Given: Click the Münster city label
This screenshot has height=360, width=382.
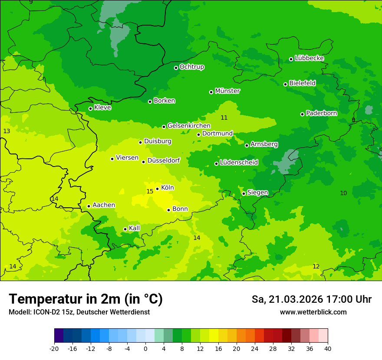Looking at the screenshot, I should pos(227,91).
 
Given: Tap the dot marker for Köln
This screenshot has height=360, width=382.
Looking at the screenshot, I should pos(157,189).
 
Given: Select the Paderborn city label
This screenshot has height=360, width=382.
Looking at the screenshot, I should pos(322,113).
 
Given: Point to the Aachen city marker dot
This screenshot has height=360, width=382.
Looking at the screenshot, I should pos(89,206).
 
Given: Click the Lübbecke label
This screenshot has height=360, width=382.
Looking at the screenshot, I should pos(309,58).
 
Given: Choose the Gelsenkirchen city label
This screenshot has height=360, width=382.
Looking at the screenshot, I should pos(189,126).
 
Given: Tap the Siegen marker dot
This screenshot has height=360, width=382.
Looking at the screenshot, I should pos(244,193).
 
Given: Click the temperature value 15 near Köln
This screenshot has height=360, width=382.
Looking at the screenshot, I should pos(150,191).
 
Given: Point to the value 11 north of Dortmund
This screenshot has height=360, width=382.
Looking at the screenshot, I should pos(224,118).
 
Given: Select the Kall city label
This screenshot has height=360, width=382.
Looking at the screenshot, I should pos(135,228).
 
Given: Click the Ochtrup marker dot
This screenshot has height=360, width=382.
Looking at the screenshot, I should pos(176,67).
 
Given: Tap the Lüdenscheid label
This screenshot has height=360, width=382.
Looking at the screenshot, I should pos(239,163).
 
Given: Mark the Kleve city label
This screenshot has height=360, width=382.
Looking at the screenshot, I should pos(103,108).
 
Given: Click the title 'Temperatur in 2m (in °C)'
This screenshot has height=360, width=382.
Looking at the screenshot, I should pos(86,299).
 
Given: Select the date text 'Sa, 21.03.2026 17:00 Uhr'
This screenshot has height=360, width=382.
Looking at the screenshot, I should pos(311,299).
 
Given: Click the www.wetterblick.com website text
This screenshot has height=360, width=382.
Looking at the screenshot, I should pos(313,312).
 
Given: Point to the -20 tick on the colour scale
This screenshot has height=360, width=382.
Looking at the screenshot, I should pos(54,348).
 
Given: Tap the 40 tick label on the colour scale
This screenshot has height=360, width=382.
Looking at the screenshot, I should pos(328,348).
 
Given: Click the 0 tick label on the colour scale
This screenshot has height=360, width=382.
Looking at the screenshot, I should pos(145,348).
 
